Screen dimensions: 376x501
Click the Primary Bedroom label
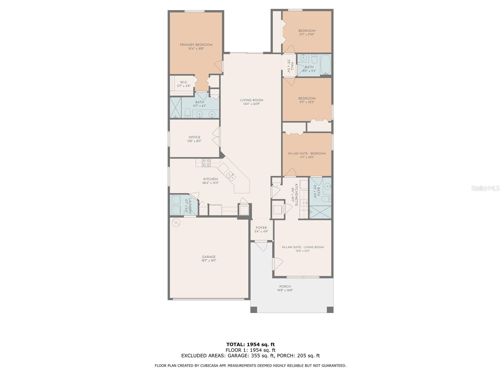(196, 45)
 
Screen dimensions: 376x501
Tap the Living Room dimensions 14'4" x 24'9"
(251, 104)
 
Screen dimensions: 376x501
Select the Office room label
(194, 137)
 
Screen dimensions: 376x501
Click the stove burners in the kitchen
(206, 162)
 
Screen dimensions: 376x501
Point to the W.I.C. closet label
(184, 82)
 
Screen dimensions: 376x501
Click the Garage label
(209, 257)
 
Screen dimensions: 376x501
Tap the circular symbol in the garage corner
(176, 222)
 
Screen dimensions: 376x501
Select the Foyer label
(261, 228)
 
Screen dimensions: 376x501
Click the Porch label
(285, 286)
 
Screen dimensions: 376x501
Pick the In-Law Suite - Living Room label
(302, 247)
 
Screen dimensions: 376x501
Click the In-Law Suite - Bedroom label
(307, 154)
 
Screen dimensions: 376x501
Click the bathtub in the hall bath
(326, 64)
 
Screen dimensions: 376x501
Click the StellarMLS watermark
(485, 188)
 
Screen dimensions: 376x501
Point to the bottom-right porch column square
(330, 310)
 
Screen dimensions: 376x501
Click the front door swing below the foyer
(261, 245)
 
